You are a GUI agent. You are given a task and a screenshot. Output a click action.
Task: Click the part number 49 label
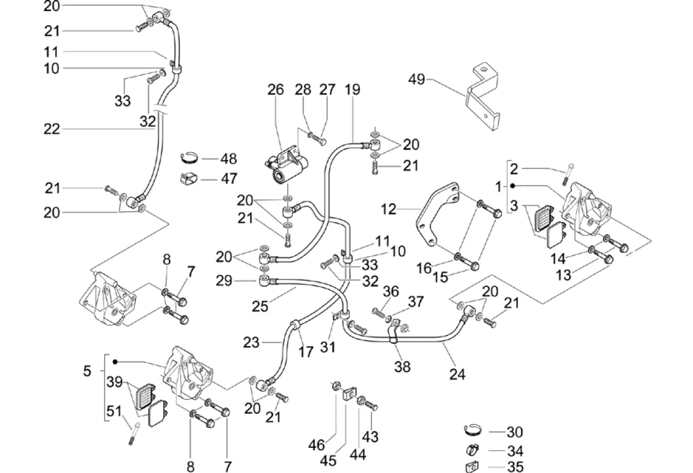(x=417, y=79)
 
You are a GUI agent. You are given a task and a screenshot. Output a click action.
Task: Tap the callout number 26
(x=275, y=89)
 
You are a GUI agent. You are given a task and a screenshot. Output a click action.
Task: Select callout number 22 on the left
(x=52, y=129)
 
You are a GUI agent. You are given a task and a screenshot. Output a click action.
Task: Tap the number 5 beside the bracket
(x=87, y=371)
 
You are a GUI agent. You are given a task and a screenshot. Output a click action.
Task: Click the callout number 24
(x=457, y=373)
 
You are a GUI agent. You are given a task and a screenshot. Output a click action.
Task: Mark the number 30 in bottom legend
(x=514, y=432)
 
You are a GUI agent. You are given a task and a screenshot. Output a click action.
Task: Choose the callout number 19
(x=352, y=89)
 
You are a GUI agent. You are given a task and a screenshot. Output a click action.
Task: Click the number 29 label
(x=225, y=280)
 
